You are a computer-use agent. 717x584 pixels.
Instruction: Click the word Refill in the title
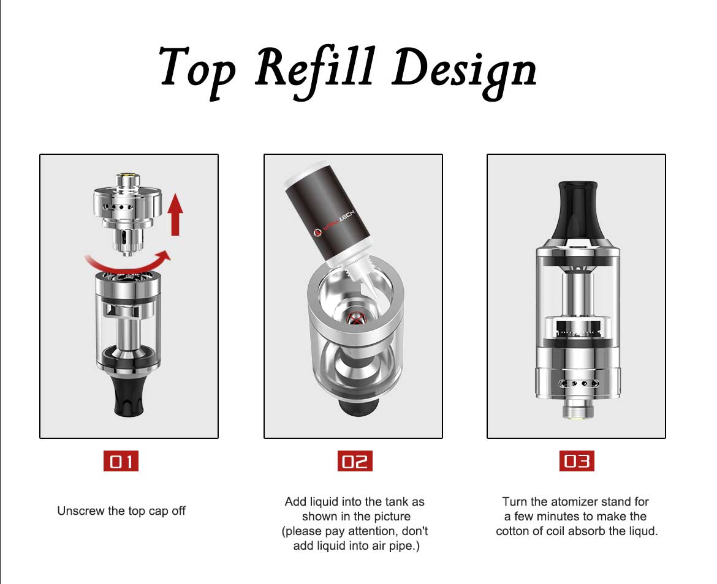coord(316,72)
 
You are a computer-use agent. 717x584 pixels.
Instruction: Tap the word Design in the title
coord(464,73)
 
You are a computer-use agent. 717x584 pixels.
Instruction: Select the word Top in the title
coord(197,72)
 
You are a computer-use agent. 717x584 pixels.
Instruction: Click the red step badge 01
coord(121,461)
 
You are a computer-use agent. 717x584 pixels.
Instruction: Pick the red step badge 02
coord(355,461)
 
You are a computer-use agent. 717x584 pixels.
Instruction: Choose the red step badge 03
coord(577,461)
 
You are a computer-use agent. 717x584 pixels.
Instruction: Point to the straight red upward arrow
coord(175,214)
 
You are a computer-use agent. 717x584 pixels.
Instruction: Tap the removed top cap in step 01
coord(127,213)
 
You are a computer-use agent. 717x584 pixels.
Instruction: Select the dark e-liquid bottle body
coord(325,212)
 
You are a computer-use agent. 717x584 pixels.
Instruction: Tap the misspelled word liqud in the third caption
coord(642,531)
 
